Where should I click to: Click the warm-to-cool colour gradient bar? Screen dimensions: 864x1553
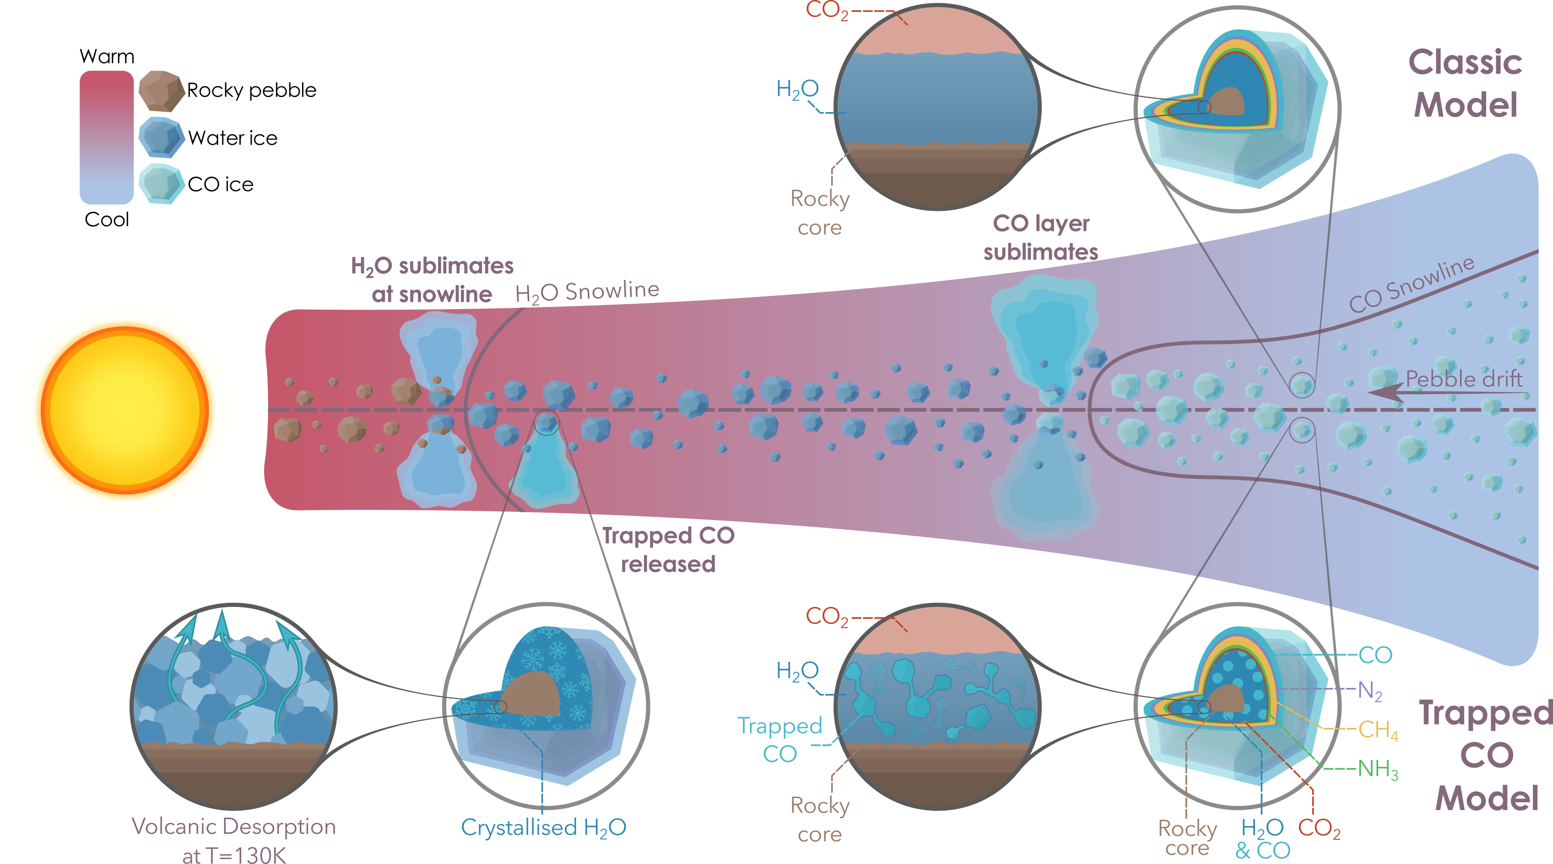106,137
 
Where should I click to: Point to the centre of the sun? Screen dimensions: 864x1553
125,410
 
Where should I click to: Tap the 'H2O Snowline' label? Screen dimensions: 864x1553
587,292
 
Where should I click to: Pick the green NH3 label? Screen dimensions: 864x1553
1378,769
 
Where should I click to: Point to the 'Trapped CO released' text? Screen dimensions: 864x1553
668,549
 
